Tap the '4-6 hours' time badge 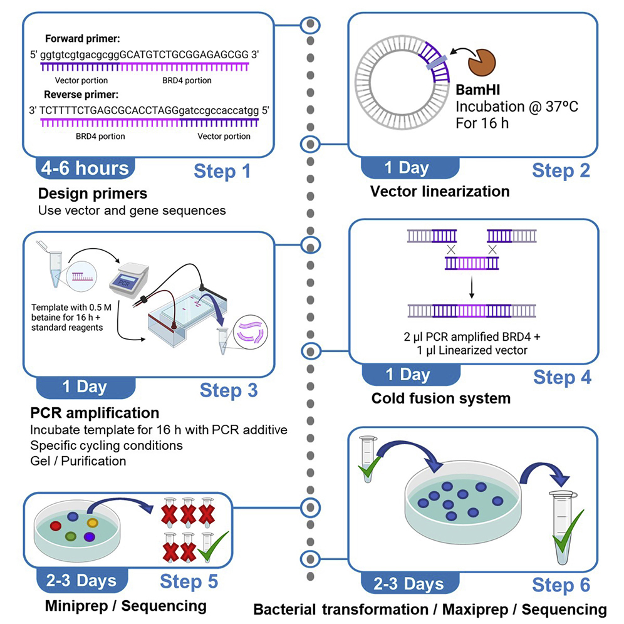coord(85,169)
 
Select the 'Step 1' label coord(222,171)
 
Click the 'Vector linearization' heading coord(440,191)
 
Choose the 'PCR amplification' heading coord(95,413)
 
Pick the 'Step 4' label coord(561,378)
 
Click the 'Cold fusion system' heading coord(440,398)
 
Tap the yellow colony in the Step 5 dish coord(92,521)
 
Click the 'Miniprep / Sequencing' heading coord(125,606)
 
